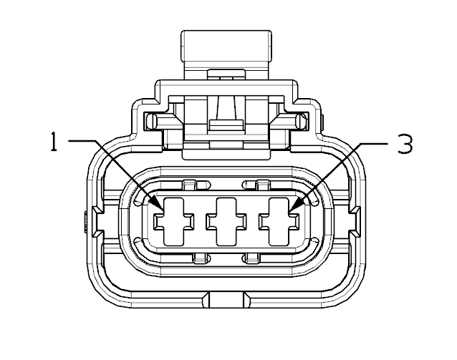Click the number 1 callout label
(x=53, y=142)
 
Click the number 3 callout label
(x=405, y=144)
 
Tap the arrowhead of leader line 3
(x=297, y=203)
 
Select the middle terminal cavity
(x=226, y=221)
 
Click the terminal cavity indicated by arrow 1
(x=174, y=221)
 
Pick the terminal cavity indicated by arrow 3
(x=279, y=221)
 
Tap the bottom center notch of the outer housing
(x=226, y=300)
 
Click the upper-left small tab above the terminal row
(x=189, y=185)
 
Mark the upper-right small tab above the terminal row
(x=263, y=185)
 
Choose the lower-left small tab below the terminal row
(x=199, y=258)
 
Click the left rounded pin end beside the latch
(x=151, y=121)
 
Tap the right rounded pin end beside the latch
(x=301, y=121)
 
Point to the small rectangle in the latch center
(x=226, y=125)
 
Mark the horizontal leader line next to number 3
(x=374, y=143)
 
